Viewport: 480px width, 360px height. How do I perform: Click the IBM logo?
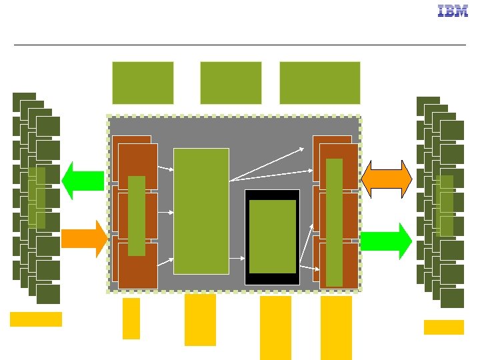(x=452, y=11)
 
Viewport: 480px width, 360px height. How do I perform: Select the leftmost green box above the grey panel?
(x=143, y=83)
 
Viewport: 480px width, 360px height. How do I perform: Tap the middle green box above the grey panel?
(x=231, y=83)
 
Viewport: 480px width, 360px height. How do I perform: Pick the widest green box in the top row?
(x=320, y=83)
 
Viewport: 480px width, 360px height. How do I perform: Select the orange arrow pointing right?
(x=84, y=239)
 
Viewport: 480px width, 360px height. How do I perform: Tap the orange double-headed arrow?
(x=386, y=179)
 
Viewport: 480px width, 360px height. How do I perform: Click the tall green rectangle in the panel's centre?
(x=201, y=211)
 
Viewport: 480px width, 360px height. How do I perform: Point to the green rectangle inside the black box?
(x=272, y=237)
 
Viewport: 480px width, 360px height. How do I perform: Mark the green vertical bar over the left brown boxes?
(x=136, y=215)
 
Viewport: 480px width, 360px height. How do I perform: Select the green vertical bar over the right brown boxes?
(x=334, y=222)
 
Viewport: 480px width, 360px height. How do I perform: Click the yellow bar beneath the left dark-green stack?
(x=36, y=319)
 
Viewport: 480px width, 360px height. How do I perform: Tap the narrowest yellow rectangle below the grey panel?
(x=131, y=318)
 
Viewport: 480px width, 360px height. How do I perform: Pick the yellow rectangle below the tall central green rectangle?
(x=200, y=320)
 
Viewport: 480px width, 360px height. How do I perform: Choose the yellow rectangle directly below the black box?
(x=275, y=327)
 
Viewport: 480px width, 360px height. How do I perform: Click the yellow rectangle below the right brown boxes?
(x=336, y=327)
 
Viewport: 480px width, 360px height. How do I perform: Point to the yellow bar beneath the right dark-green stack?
(x=443, y=327)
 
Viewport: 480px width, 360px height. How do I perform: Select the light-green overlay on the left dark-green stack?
(x=37, y=197)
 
